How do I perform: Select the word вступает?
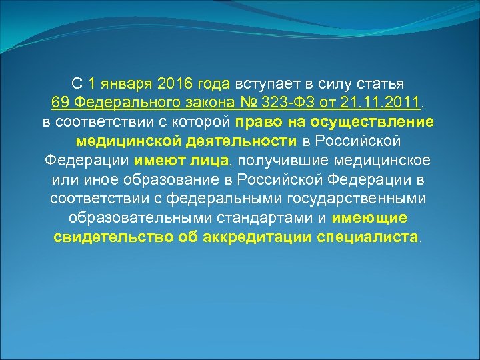[x=262, y=85]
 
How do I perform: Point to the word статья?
[x=382, y=85]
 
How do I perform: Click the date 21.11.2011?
[x=377, y=104]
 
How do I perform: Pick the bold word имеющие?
[x=370, y=218]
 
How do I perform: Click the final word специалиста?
[x=369, y=237]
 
